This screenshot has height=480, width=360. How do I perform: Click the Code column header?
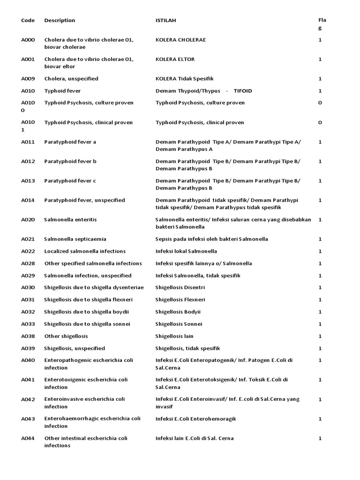28,21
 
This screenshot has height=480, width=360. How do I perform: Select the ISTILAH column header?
166,21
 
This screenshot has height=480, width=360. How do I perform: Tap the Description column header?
60,21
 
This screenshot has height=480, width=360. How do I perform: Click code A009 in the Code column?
28,79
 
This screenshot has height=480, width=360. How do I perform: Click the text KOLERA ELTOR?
175,60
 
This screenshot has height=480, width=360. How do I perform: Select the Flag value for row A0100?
320,103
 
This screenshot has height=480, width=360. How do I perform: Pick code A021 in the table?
28,239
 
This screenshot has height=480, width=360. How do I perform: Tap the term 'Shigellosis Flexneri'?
180,300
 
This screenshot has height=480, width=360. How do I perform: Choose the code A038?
28,337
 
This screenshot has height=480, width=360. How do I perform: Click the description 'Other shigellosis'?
66,337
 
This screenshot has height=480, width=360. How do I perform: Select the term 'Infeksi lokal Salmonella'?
186,251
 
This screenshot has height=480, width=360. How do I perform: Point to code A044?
28,438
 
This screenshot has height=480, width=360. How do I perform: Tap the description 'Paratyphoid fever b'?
70,161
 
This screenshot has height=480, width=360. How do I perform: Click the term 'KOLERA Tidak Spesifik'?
184,79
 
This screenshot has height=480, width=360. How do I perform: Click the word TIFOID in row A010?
242,91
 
